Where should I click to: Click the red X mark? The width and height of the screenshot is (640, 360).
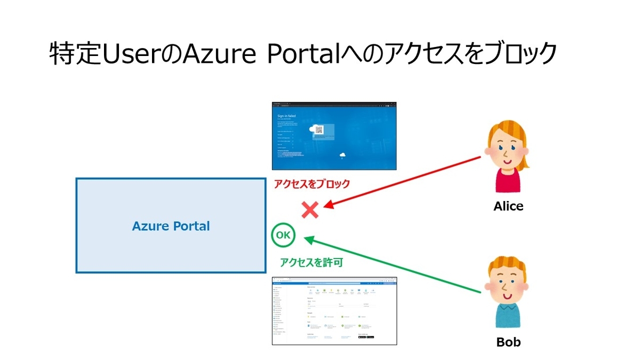point(310,210)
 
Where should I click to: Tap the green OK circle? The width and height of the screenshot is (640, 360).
point(283,235)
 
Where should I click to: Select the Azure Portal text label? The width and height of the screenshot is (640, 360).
point(171,226)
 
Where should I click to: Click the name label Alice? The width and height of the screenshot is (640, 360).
point(508,206)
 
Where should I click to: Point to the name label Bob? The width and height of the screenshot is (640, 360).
point(508,342)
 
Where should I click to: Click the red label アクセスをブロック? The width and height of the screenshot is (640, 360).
point(311,184)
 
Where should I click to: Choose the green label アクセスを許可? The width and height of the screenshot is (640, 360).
point(311,262)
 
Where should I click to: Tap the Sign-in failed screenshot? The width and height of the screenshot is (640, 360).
point(334,135)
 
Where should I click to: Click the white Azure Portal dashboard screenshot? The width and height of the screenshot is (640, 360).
point(334,311)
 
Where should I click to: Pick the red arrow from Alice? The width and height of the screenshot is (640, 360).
point(405,181)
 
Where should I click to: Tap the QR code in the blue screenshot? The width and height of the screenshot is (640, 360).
point(319,130)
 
